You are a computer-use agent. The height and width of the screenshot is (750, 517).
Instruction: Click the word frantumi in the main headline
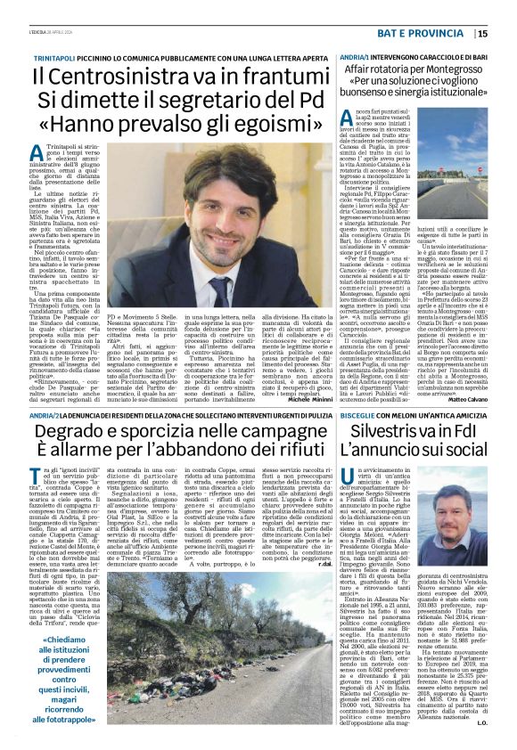point(277,79)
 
